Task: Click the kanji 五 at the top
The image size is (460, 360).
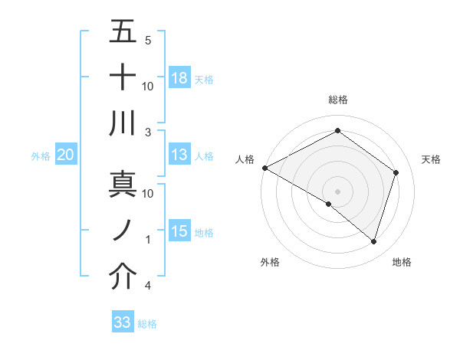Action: coord(123,32)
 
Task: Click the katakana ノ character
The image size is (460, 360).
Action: coord(123,231)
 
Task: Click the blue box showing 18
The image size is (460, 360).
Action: coord(179,77)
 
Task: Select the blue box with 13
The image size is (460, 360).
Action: coord(179,155)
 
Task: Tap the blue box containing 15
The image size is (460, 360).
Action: coord(179,231)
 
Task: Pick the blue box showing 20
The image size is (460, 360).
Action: coord(65,155)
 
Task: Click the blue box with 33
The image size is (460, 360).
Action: coord(122,322)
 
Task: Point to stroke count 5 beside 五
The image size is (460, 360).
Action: coord(147,40)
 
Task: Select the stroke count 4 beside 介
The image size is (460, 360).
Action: coord(147,286)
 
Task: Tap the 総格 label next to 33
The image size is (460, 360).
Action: coord(147,324)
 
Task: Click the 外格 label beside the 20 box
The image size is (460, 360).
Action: coord(41,156)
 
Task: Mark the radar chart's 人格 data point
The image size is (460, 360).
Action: coord(264,168)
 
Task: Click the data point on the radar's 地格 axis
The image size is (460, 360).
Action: coord(373,242)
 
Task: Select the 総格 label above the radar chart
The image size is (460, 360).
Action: coord(337,100)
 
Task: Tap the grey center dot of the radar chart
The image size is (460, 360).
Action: coord(337,190)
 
